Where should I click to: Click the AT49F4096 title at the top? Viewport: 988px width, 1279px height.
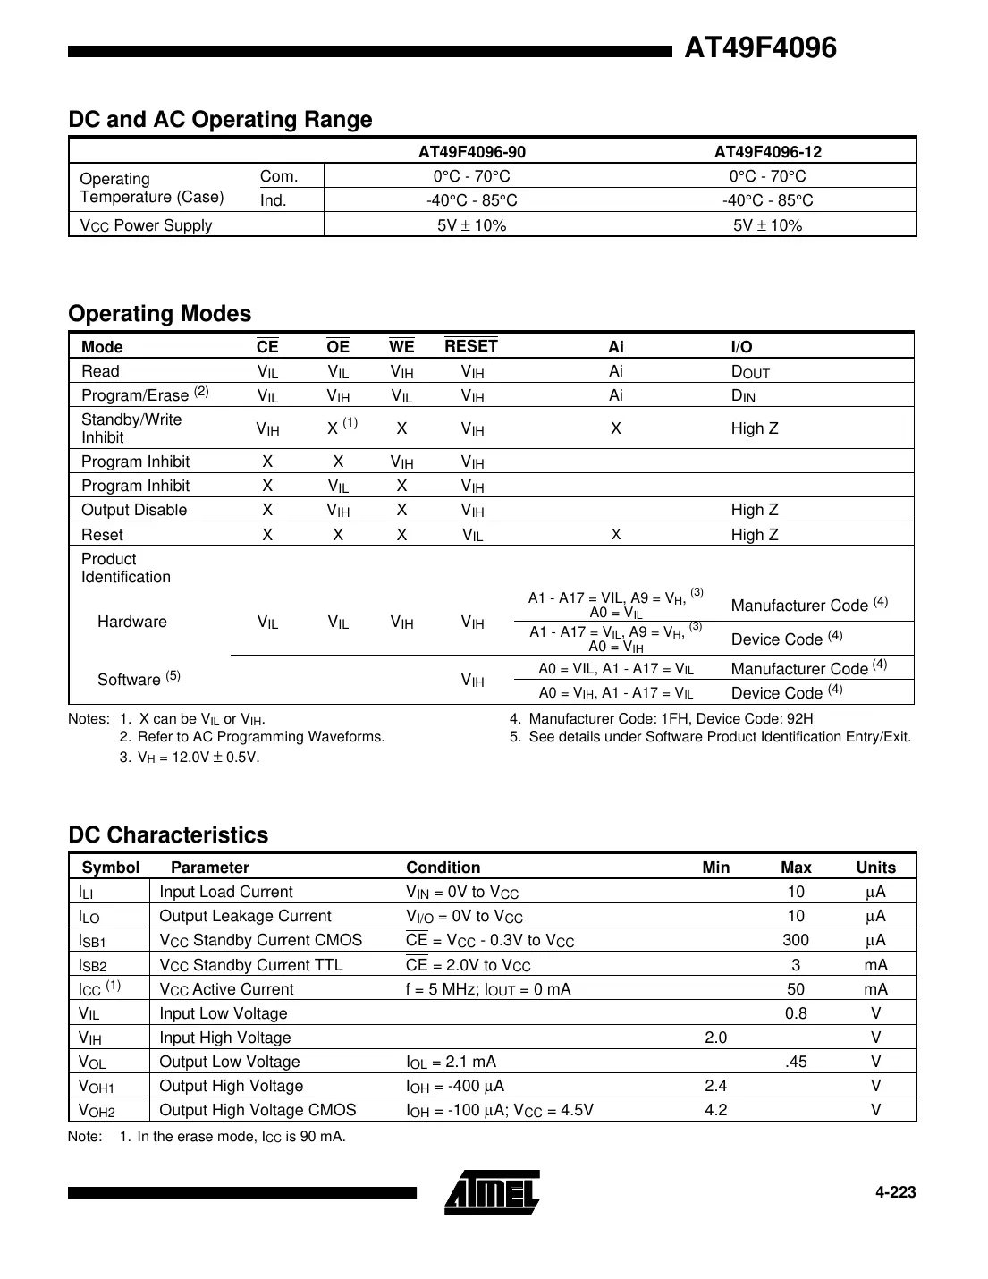tap(760, 48)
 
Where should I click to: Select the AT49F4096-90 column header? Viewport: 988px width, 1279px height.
tap(471, 152)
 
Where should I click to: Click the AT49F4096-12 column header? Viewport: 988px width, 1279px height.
tap(767, 152)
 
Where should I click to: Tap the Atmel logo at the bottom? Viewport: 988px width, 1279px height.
tap(492, 1192)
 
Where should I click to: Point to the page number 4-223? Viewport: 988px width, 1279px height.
tap(895, 1192)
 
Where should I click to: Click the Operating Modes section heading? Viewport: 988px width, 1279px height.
tap(160, 314)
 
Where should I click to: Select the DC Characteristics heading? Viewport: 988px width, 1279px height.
tap(168, 835)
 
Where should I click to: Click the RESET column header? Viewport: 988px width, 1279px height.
tap(471, 346)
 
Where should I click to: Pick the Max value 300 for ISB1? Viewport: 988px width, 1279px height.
tap(795, 940)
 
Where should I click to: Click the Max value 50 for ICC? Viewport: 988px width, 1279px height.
tap(795, 989)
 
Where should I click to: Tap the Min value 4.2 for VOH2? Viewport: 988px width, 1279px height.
tap(715, 1110)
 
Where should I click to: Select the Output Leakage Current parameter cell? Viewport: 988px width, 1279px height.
tap(245, 916)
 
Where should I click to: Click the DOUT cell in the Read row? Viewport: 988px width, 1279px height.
tap(749, 372)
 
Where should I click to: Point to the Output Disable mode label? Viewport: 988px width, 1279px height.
tap(134, 510)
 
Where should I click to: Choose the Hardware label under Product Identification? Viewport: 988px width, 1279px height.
tap(131, 622)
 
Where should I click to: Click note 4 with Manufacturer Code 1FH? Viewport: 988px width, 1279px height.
tap(662, 719)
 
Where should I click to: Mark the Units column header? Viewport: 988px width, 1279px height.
tap(875, 868)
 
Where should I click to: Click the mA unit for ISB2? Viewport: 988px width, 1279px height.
tap(875, 965)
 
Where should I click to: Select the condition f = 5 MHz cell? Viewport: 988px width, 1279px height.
tap(488, 989)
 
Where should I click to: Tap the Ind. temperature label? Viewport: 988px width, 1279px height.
tap(274, 200)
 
